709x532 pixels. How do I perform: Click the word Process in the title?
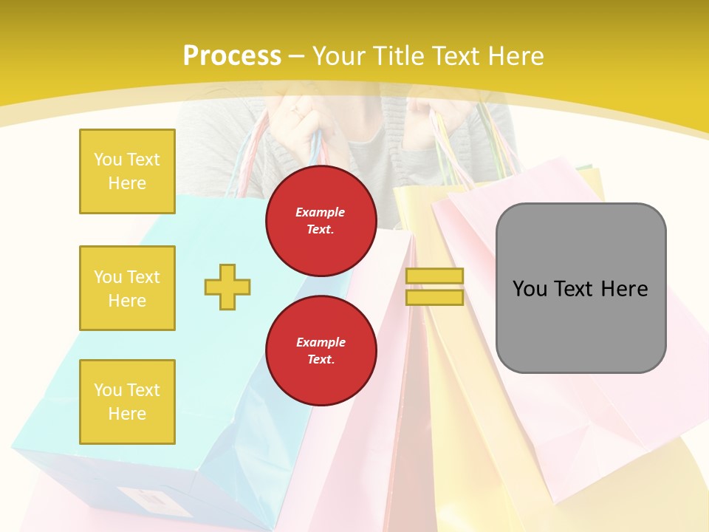tap(232, 56)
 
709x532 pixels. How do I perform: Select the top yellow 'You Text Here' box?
tap(127, 171)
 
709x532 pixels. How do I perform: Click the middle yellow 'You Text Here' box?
tap(127, 288)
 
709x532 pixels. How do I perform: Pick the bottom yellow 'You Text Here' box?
tap(127, 402)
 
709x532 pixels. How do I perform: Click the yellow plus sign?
tap(227, 287)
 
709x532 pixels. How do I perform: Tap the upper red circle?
tap(321, 220)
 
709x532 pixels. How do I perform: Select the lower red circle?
tap(321, 350)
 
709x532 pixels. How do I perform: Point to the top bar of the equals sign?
tap(435, 276)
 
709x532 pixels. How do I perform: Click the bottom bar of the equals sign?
tap(435, 298)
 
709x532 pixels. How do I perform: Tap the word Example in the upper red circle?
tap(321, 212)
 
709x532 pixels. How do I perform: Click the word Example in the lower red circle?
tap(321, 342)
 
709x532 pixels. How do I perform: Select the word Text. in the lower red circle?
tap(321, 360)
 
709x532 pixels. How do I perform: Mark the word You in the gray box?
tap(530, 289)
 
